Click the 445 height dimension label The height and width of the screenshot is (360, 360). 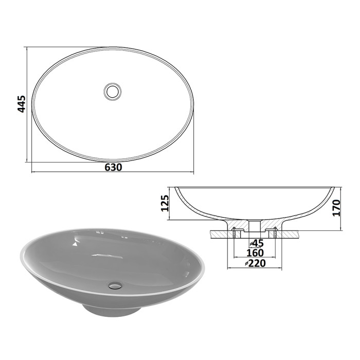tap(22, 104)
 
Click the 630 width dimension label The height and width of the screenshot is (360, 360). tap(113, 167)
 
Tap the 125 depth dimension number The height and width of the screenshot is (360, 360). tap(165, 203)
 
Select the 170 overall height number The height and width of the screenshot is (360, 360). tap(336, 208)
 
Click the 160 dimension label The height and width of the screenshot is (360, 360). tap(255, 253)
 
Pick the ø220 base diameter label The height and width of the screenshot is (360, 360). tap(255, 263)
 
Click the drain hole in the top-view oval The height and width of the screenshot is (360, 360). tap(112, 92)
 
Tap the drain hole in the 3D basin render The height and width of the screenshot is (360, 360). tap(115, 286)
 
